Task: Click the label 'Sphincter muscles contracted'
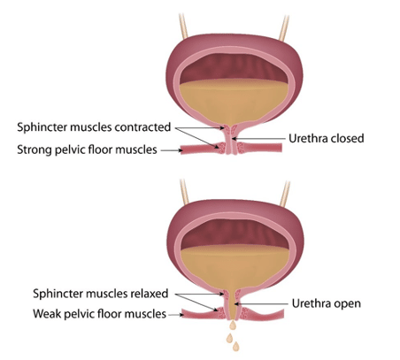pos(94,127)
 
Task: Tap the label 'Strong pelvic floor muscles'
pos(87,149)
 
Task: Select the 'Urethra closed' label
pos(327,138)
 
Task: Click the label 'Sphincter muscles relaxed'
pos(101,294)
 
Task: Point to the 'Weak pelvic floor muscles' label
pos(100,314)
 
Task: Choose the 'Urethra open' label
pos(327,303)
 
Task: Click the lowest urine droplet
pos(235,347)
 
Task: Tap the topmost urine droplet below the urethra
pos(233,326)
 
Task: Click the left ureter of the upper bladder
pos(183,26)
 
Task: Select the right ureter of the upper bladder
pos(284,28)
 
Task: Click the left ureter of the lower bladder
pos(184,192)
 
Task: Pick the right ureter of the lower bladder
pos(285,194)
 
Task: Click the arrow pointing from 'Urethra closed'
pos(258,138)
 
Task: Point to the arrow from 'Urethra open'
pos(261,303)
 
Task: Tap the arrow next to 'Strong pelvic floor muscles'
pos(172,150)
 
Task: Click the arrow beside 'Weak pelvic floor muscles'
pos(176,315)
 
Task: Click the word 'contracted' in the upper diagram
pos(142,127)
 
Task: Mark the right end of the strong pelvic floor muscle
pos(281,148)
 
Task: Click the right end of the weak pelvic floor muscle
pos(283,313)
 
